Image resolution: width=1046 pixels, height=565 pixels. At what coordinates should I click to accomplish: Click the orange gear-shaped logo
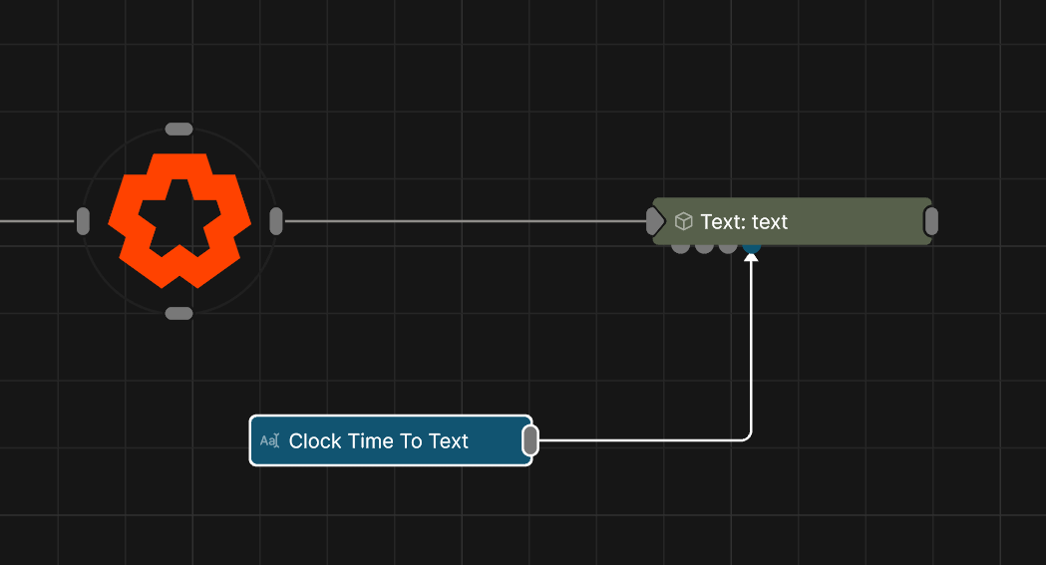(x=179, y=220)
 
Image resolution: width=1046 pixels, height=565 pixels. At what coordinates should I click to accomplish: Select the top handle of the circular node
(x=178, y=129)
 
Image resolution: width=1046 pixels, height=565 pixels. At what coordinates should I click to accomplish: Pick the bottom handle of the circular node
(x=178, y=313)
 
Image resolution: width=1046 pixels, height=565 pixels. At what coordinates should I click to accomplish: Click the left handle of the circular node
(x=83, y=221)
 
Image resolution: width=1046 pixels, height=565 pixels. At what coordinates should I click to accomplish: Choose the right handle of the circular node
(x=276, y=221)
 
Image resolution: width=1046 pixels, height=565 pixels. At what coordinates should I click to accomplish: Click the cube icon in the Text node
(x=684, y=221)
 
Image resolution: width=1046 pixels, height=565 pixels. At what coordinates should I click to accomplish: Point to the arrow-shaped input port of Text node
(x=656, y=221)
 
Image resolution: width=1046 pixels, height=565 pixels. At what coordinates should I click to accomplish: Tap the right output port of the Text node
(x=931, y=221)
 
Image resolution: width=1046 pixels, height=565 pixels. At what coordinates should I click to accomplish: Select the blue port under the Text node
(x=752, y=248)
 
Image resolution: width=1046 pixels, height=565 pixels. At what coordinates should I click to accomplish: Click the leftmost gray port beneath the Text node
(x=680, y=248)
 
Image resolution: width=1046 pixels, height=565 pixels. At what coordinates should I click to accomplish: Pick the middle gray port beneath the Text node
(x=704, y=248)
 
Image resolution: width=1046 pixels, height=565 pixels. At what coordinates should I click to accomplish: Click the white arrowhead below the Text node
(x=751, y=256)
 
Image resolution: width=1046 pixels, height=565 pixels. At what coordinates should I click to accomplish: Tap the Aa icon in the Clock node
(x=269, y=440)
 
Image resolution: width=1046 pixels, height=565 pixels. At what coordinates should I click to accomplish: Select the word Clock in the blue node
(x=315, y=441)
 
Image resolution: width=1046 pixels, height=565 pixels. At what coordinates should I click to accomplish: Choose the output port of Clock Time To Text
(x=530, y=440)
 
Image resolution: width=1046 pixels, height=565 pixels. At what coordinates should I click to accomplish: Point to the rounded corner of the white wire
(x=748, y=437)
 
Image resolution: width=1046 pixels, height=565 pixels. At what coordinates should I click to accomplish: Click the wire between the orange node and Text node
(x=465, y=221)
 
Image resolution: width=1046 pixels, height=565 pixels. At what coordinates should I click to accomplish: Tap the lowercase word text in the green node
(x=770, y=222)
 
